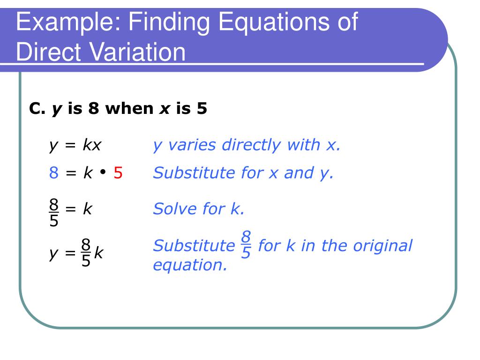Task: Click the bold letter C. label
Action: point(37,109)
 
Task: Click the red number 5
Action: point(118,173)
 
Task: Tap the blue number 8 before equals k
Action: point(54,173)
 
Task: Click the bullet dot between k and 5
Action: point(102,173)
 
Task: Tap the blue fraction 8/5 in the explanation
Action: point(246,245)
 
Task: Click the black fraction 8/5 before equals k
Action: point(54,212)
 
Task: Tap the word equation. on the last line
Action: point(190,265)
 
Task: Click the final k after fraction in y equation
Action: point(98,254)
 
